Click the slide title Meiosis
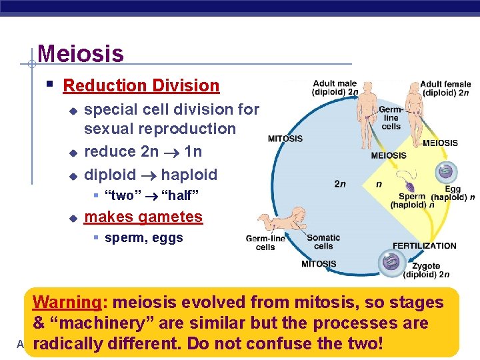click(81, 53)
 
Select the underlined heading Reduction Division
click(141, 85)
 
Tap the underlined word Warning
click(66, 302)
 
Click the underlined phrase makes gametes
click(143, 217)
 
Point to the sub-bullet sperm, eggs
click(144, 238)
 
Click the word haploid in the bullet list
click(189, 175)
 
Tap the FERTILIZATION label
click(424, 246)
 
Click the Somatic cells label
click(323, 242)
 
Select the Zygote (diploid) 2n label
click(426, 270)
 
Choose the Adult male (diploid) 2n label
click(335, 88)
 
